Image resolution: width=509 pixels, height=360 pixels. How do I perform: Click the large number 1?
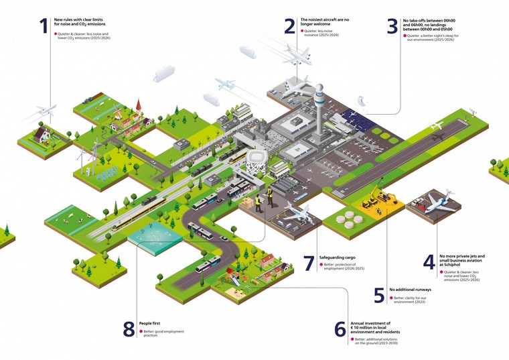point(44,26)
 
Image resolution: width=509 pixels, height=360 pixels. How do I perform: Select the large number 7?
point(308,263)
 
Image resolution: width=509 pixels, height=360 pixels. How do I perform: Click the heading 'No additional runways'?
point(410,290)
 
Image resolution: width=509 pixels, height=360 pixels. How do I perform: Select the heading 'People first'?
point(151,323)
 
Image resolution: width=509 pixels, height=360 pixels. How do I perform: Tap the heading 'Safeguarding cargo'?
point(342,257)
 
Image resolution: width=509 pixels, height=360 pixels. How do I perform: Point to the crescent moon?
point(362,100)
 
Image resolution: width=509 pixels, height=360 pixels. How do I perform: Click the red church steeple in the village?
point(137,107)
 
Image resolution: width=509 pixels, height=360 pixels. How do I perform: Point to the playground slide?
point(236,275)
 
